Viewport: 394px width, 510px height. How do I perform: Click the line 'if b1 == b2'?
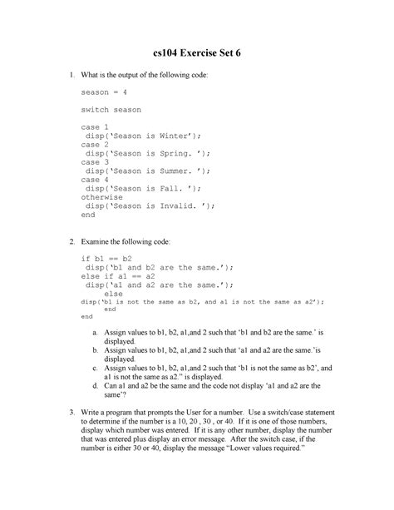point(106,259)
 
